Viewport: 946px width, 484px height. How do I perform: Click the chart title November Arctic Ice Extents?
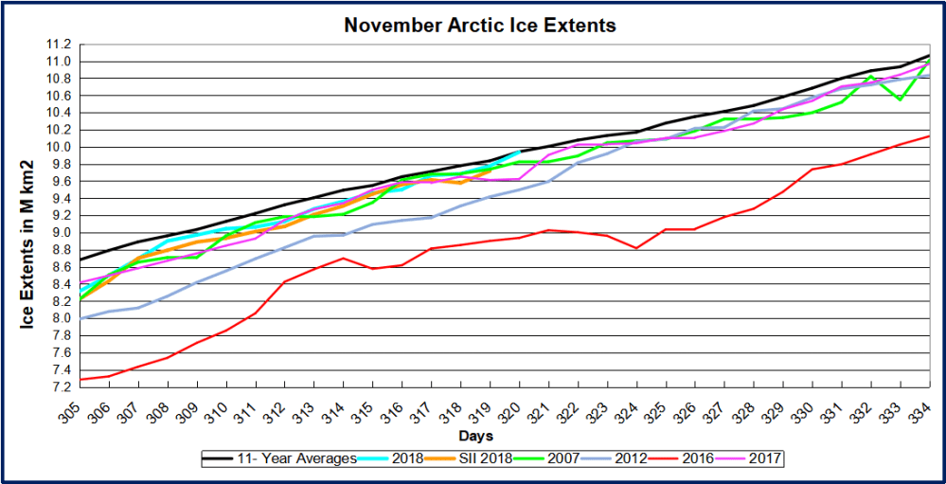(480, 26)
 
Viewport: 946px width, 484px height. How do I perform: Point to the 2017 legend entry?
(766, 459)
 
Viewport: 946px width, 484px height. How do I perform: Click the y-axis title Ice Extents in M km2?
(27, 216)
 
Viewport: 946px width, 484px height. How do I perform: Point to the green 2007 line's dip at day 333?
(900, 99)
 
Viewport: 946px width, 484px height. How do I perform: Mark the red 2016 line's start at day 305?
(81, 379)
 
